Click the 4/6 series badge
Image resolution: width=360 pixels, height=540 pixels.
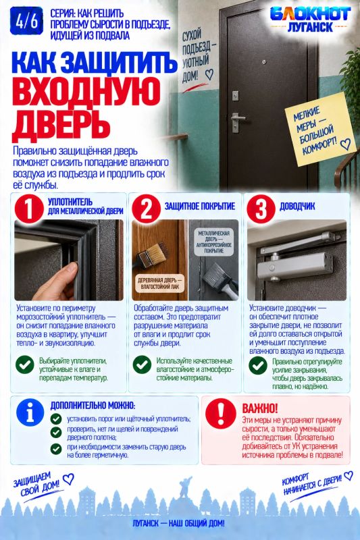coord(26,21)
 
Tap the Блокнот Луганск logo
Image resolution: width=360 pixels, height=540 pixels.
coord(310,20)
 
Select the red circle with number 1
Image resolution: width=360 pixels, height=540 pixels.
coord(29,209)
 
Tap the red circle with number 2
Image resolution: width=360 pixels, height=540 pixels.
coord(146,209)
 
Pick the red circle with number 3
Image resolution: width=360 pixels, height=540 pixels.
coord(261,209)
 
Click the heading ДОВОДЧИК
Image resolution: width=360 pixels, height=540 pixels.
coord(297,207)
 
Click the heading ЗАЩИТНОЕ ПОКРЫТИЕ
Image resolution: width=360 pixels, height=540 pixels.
coord(200,207)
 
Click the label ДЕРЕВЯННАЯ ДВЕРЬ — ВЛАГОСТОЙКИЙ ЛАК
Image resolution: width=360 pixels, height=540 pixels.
coord(160,283)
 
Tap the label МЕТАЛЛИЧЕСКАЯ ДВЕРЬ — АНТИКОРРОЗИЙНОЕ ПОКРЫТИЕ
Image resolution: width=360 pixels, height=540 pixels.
coord(213,242)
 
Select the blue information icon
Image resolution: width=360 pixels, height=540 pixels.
coord(30,412)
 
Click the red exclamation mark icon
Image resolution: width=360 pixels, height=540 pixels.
coord(220,413)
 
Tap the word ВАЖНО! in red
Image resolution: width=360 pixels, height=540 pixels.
coord(260,408)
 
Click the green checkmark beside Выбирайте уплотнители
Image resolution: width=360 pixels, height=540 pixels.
coord(25,364)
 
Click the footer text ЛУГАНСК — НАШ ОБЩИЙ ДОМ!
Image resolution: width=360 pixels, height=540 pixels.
coord(178,523)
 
